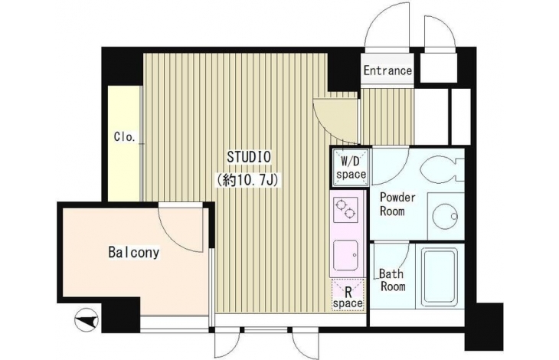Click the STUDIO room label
[x=249, y=157]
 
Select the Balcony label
[x=134, y=252]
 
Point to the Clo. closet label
[x=124, y=136]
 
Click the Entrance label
[x=387, y=70]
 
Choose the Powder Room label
[x=397, y=204]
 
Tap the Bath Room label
[x=392, y=280]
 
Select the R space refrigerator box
[x=348, y=295]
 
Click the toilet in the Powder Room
[x=442, y=170]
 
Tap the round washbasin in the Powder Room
[x=445, y=216]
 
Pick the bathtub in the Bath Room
[x=439, y=277]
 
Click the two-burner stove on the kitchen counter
[x=345, y=210]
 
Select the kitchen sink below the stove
[x=345, y=256]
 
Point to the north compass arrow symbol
[x=87, y=319]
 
